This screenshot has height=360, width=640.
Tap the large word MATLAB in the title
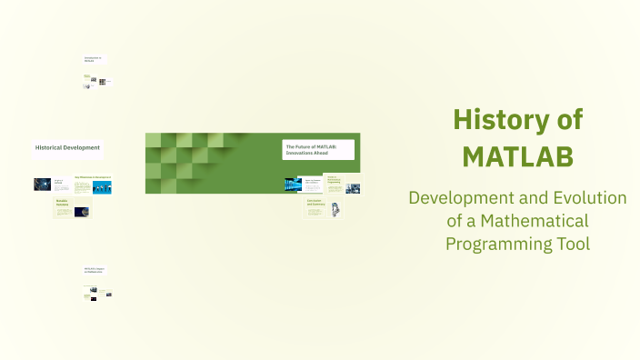click(x=517, y=156)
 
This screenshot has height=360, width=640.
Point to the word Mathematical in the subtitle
click(x=538, y=221)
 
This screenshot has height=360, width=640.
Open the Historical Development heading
click(x=67, y=147)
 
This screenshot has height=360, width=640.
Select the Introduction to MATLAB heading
click(x=93, y=60)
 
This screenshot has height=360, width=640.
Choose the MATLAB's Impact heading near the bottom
click(x=95, y=270)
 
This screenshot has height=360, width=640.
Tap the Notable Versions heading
click(x=64, y=202)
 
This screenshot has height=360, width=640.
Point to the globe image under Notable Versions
click(x=83, y=212)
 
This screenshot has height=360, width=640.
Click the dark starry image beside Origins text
click(x=43, y=184)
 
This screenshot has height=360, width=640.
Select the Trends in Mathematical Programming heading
click(x=333, y=179)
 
